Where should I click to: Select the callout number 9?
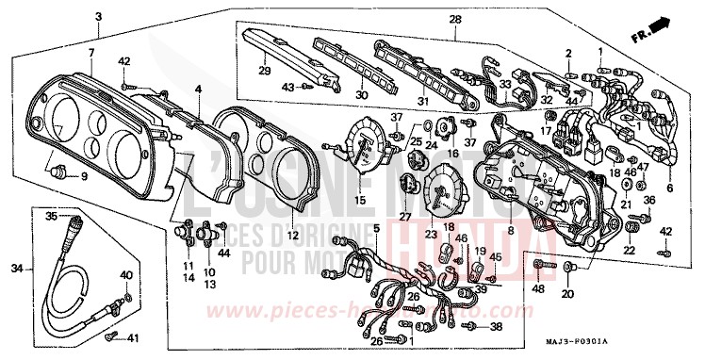click(x=83, y=176)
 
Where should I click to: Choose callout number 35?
click(x=51, y=216)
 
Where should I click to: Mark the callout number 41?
click(x=132, y=336)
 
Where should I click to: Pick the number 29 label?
click(x=265, y=72)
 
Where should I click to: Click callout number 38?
click(x=497, y=326)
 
